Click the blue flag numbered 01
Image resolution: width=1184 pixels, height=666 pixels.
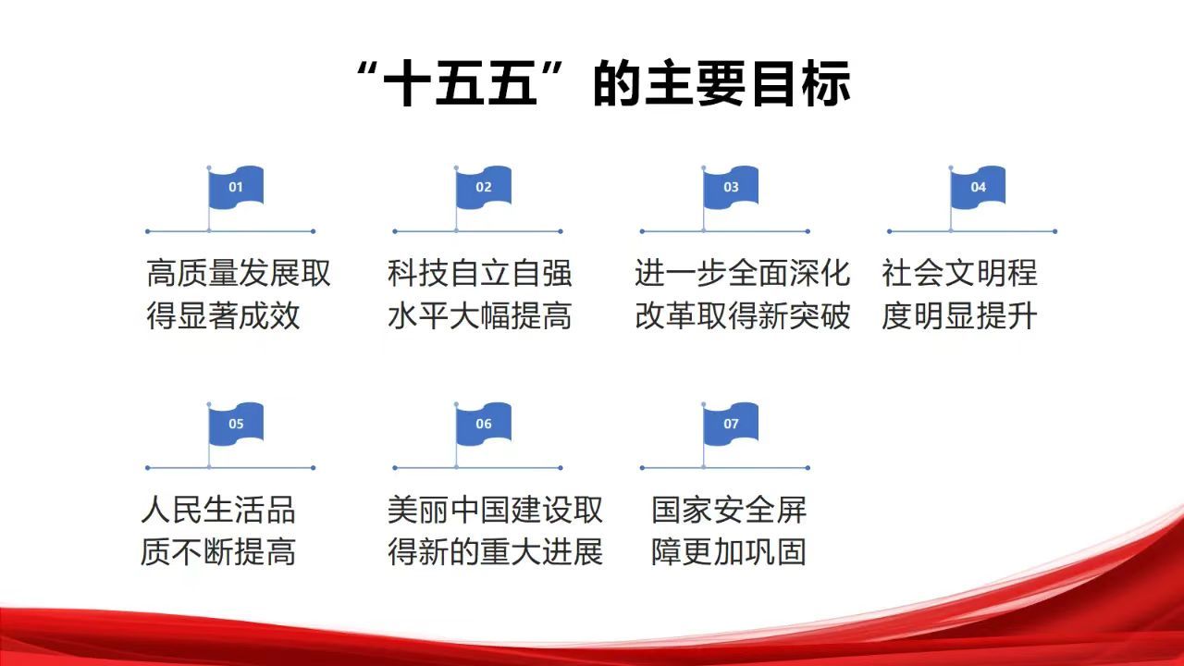coord(236,187)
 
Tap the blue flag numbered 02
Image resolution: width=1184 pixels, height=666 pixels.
coord(484,187)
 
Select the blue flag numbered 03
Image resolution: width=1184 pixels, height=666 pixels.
coord(731,187)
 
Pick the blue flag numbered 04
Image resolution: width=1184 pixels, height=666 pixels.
coord(979,187)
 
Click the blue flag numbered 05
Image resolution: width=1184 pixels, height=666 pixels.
coord(236,424)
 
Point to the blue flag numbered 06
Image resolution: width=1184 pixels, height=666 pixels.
coord(484,424)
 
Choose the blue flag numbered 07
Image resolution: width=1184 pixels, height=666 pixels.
coord(731,424)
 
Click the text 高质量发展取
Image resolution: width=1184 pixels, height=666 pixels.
coord(239,273)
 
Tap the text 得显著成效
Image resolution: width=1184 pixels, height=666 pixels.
coord(223,316)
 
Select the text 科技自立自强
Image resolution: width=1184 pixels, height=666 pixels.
coord(479,273)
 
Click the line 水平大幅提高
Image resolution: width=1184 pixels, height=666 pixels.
coord(479,316)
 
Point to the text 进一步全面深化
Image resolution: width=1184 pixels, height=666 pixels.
coord(743,273)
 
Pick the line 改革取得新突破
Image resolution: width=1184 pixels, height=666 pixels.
coord(743,316)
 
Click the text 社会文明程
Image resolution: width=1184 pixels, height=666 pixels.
coord(959,273)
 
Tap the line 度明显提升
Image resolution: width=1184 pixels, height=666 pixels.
coord(959,316)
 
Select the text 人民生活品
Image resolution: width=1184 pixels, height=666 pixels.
coord(218,510)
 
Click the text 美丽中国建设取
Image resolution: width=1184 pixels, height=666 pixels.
coord(495,510)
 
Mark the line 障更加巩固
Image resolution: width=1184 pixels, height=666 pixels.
coord(729,552)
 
